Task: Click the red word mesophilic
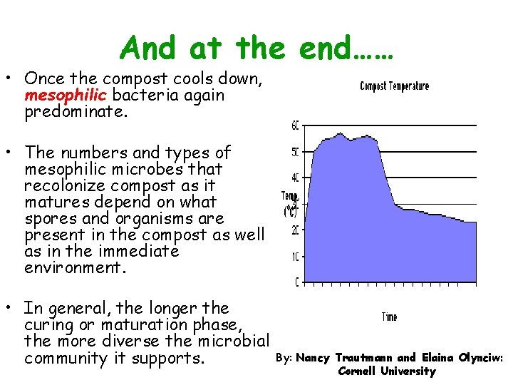click(x=56, y=95)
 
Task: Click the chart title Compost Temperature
click(x=394, y=86)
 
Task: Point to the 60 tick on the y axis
click(x=294, y=125)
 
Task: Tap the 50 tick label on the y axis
click(x=294, y=152)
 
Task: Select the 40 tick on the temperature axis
click(x=294, y=178)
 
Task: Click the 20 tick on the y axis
click(x=294, y=230)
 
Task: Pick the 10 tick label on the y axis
click(x=294, y=256)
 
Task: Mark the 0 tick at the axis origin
click(x=296, y=282)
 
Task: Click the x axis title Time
click(x=389, y=317)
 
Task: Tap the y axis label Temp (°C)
click(x=290, y=204)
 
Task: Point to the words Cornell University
click(x=386, y=371)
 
